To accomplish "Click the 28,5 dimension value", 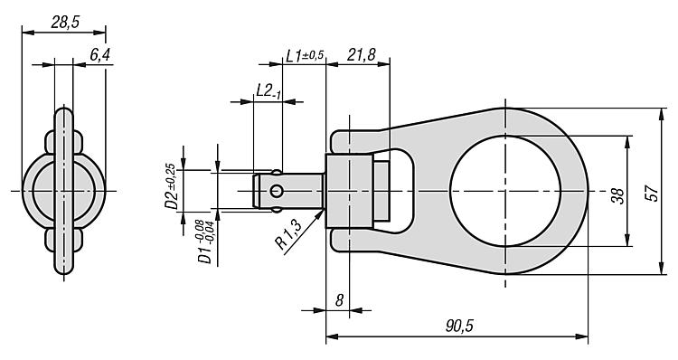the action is click(65, 22).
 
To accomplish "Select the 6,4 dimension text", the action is click(99, 55).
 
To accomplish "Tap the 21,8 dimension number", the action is click(361, 55).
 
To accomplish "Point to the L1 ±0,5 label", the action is click(305, 55).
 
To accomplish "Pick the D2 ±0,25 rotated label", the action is click(170, 186).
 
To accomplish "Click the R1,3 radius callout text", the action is click(289, 234).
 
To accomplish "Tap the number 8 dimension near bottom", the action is click(339, 300).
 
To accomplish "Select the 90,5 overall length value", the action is click(459, 326).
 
